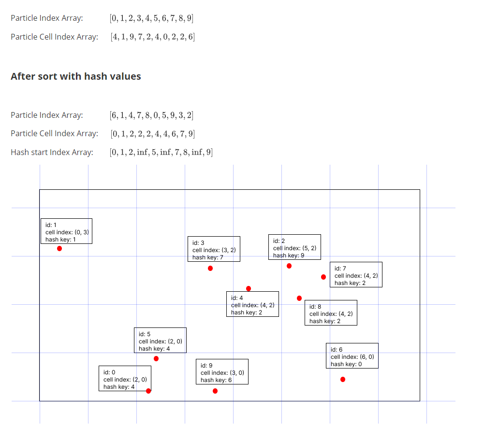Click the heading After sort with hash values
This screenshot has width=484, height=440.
click(x=76, y=76)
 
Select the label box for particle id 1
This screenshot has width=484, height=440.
click(x=66, y=231)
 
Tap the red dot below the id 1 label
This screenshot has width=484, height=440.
click(x=59, y=249)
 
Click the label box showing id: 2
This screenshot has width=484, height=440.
click(x=294, y=247)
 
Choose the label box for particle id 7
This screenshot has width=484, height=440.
click(x=356, y=275)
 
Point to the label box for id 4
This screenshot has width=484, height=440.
click(x=252, y=304)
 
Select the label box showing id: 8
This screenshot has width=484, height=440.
click(x=331, y=313)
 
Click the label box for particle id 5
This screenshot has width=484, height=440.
click(x=160, y=340)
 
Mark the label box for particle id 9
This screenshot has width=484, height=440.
click(x=222, y=371)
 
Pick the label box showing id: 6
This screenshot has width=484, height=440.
click(x=352, y=356)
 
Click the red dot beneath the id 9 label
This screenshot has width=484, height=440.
click(x=215, y=391)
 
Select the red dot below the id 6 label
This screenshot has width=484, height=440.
click(x=343, y=380)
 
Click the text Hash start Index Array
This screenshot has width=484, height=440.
click(x=52, y=153)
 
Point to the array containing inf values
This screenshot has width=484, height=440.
click(x=161, y=153)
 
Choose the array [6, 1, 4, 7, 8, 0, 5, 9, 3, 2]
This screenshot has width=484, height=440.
click(x=152, y=115)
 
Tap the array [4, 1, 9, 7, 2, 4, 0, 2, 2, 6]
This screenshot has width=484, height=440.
click(x=152, y=37)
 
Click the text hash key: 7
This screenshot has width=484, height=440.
click(x=208, y=257)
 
